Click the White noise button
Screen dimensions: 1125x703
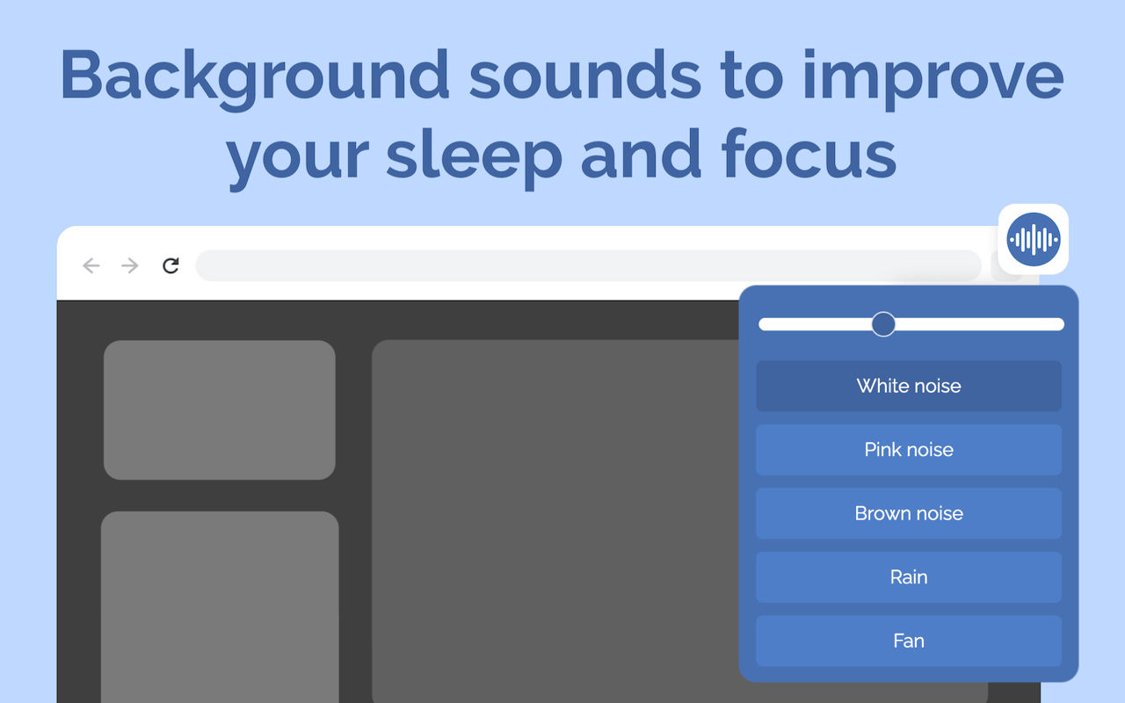click(x=909, y=386)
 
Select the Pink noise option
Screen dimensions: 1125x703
click(x=909, y=449)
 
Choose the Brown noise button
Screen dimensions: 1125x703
click(x=909, y=513)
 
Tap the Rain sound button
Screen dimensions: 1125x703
click(x=909, y=577)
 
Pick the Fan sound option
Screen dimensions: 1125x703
click(x=909, y=641)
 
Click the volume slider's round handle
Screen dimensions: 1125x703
click(x=883, y=324)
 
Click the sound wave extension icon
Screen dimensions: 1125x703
click(x=1033, y=239)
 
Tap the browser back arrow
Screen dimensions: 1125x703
click(x=91, y=265)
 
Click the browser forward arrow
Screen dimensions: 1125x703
click(x=130, y=265)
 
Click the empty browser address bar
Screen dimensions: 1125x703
click(x=588, y=265)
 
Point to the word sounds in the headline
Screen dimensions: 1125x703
click(x=584, y=76)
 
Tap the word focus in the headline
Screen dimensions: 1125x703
click(x=809, y=154)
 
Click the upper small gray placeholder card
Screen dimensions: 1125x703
click(x=220, y=409)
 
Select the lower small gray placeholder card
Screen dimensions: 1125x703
click(x=220, y=607)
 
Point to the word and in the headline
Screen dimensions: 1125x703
click(x=641, y=154)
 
